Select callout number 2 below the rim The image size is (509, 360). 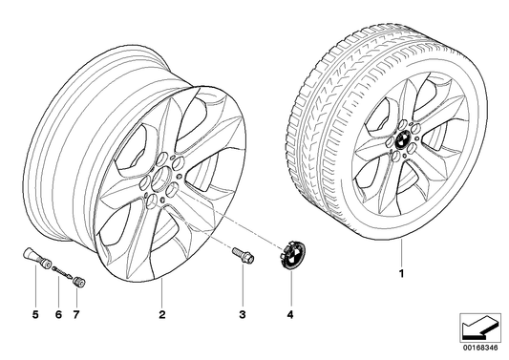point(162,314)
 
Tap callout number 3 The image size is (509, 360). point(243,314)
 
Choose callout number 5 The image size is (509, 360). point(35,314)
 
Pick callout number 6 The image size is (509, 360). point(57,314)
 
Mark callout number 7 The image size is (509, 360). point(77,314)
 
